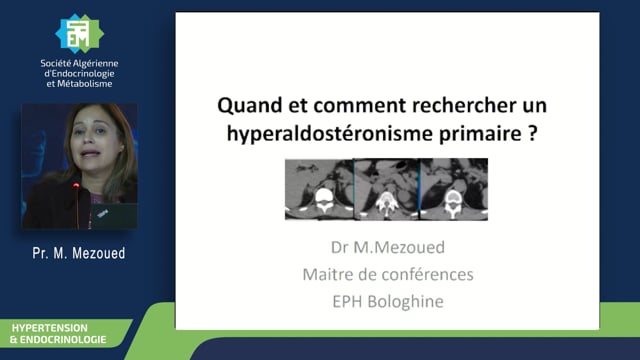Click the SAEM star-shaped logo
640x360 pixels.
pyautogui.click(x=79, y=34)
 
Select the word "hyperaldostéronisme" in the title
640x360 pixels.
pyautogui.click(x=329, y=133)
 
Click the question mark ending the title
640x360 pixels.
pyautogui.click(x=532, y=133)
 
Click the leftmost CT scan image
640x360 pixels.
pyautogui.click(x=319, y=189)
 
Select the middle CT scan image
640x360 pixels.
pyautogui.click(x=387, y=189)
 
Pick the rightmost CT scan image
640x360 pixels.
pyautogui.click(x=454, y=189)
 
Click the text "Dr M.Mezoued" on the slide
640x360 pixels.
pyautogui.click(x=388, y=247)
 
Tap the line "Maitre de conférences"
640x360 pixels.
pyautogui.click(x=388, y=274)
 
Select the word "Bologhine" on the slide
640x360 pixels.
pyautogui.click(x=405, y=302)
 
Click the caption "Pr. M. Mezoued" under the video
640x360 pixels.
pyautogui.click(x=79, y=253)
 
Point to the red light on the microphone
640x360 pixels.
pyautogui.click(x=76, y=186)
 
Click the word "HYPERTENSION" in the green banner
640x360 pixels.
pyautogui.click(x=49, y=328)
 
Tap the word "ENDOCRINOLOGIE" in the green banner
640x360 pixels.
pyautogui.click(x=63, y=340)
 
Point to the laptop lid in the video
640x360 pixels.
pyautogui.click(x=114, y=215)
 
